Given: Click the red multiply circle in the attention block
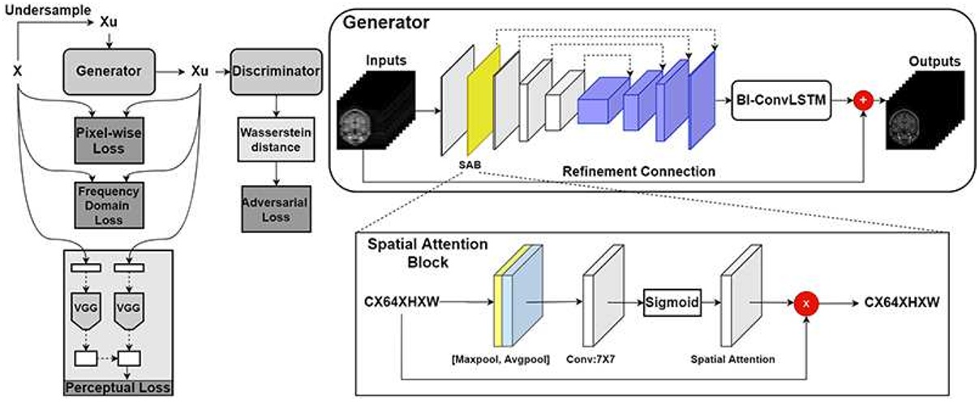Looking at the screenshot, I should tap(807, 300).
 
